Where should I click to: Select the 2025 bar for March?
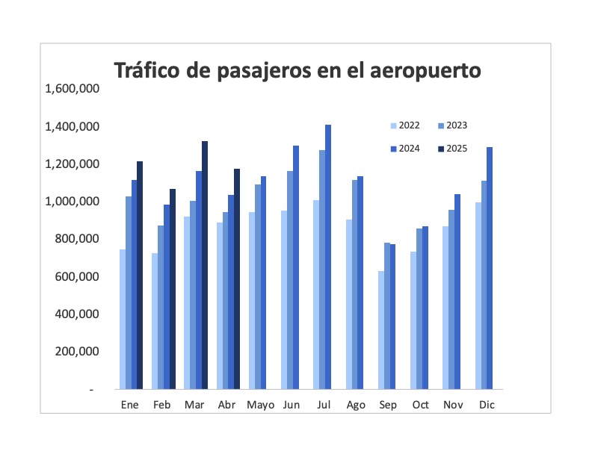click(205, 265)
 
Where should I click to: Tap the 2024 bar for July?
click(327, 257)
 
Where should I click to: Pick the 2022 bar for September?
click(381, 330)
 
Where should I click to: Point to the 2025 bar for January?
click(140, 275)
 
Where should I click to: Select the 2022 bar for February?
click(155, 321)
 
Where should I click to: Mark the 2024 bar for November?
click(457, 291)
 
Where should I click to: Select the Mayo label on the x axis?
click(261, 405)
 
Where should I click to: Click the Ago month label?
click(356, 405)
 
